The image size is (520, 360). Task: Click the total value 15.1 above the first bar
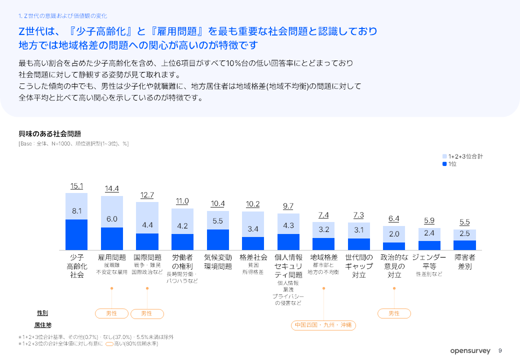pyautogui.click(x=76, y=186)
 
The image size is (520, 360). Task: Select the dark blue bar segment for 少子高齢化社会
pyautogui.click(x=76, y=234)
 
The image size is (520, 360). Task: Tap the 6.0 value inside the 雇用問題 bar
pyautogui.click(x=112, y=219)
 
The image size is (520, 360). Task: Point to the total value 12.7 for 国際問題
pyautogui.click(x=147, y=195)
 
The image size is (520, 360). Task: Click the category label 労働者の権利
pyautogui.click(x=182, y=262)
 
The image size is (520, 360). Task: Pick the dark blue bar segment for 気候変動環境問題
pyautogui.click(x=218, y=239)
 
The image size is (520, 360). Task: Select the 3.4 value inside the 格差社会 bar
pyautogui.click(x=253, y=229)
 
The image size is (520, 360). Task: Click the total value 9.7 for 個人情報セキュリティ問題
pyautogui.click(x=288, y=206)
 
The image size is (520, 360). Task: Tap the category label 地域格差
pyautogui.click(x=323, y=257)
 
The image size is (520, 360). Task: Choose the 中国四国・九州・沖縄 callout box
pyautogui.click(x=323, y=325)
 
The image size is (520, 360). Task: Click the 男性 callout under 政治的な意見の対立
pyautogui.click(x=394, y=313)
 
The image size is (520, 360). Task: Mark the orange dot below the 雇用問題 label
pyautogui.click(x=112, y=288)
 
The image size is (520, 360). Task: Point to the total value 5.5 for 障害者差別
pyautogui.click(x=464, y=222)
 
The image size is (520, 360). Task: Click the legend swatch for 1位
pyautogui.click(x=444, y=164)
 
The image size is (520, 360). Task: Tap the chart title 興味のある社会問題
pyautogui.click(x=50, y=134)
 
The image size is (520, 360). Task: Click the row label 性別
pyautogui.click(x=42, y=313)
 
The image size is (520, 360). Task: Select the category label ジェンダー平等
pyautogui.click(x=429, y=261)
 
